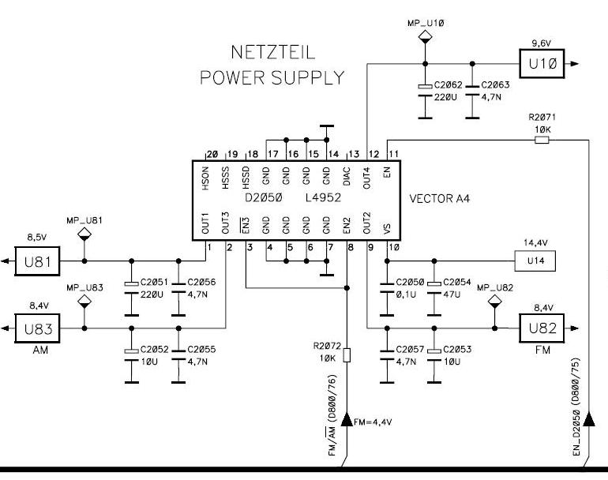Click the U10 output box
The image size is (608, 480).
[x=542, y=64]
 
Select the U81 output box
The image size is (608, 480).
[x=37, y=261]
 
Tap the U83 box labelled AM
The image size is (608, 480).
[x=37, y=328]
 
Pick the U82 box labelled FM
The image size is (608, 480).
[x=542, y=328]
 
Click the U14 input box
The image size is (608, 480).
[x=535, y=261]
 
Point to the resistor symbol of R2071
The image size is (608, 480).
[x=542, y=140]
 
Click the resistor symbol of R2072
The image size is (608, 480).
[x=347, y=355]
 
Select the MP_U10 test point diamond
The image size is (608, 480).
[x=425, y=37]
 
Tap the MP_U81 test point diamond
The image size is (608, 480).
[x=84, y=234]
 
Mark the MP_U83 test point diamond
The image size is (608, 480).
[x=84, y=301]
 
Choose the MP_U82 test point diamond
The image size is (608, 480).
[x=494, y=301]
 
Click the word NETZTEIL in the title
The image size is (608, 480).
[x=273, y=52]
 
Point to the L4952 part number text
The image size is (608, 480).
[x=323, y=197]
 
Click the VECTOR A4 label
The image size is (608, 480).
[x=439, y=199]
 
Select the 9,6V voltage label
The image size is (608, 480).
[x=542, y=43]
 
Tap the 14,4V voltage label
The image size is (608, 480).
[x=535, y=243]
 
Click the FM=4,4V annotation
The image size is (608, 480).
[x=373, y=422]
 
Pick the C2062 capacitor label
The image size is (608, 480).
[x=448, y=85]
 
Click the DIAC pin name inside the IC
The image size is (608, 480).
[x=347, y=176]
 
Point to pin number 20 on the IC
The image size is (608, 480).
[x=212, y=154]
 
